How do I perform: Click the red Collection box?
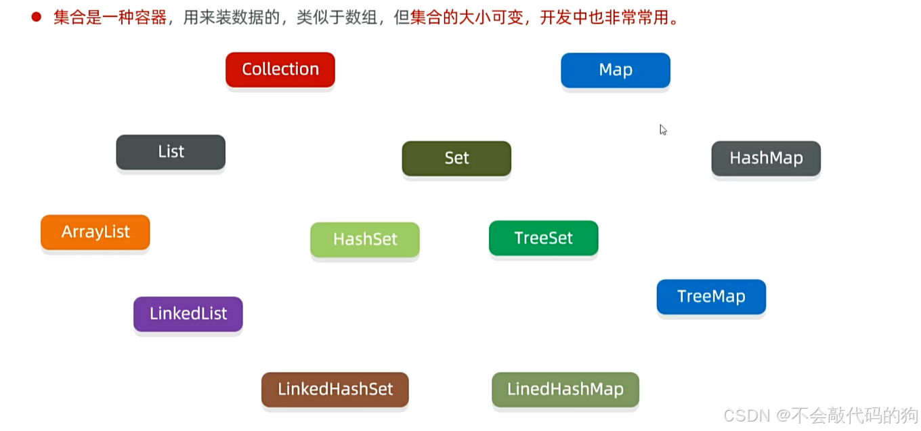280,69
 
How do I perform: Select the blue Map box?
615,70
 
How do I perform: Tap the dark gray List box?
171,152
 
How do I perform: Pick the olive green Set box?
456,158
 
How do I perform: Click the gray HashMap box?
766,158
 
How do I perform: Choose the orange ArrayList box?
95,232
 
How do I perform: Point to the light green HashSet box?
365,239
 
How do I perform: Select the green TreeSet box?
543,238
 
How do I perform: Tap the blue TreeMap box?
711,296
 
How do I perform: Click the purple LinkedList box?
188,314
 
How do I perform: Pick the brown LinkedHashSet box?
335,390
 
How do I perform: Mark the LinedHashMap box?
565,390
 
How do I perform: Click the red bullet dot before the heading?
37,18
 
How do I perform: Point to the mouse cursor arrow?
662,129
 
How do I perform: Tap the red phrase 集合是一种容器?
110,18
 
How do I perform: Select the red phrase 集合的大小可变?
467,18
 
